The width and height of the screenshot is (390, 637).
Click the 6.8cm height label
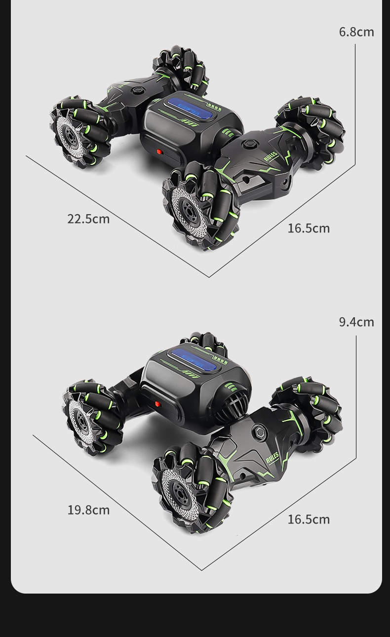[356, 32]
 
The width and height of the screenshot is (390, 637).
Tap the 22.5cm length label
[88, 219]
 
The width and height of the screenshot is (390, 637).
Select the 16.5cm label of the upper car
[309, 228]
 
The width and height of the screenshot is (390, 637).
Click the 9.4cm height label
[356, 322]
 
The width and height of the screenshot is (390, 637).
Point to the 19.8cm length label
[88, 510]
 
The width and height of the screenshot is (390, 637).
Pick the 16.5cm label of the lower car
[309, 520]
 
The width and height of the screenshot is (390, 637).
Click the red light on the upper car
[159, 152]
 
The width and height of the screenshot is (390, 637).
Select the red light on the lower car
[158, 404]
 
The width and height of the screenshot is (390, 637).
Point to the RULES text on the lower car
[272, 458]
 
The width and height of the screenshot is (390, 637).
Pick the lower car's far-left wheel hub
[79, 418]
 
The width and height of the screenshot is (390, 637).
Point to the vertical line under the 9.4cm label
[356, 395]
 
